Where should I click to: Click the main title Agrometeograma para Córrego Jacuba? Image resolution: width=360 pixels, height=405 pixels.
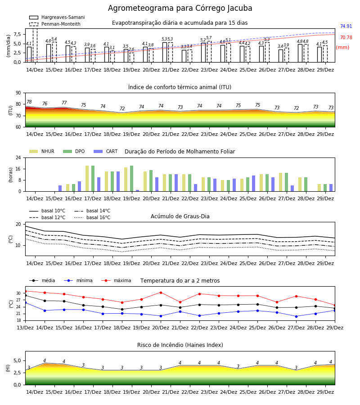click(180, 8)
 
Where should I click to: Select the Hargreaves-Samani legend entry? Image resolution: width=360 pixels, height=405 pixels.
click(57, 17)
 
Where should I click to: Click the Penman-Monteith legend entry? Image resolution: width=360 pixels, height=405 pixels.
click(55, 24)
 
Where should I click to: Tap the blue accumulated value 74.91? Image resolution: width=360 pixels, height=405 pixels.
click(346, 27)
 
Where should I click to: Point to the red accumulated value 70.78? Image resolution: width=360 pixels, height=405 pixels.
click(346, 38)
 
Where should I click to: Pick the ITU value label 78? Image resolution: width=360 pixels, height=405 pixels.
click(29, 102)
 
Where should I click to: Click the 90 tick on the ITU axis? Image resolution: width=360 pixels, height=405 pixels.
click(18, 93)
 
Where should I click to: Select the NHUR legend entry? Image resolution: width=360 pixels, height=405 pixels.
click(41, 151)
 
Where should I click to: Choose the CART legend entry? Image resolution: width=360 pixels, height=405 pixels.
click(106, 151)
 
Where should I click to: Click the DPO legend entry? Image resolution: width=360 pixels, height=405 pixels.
click(74, 151)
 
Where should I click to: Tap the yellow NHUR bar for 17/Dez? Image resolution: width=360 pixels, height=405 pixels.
click(87, 179)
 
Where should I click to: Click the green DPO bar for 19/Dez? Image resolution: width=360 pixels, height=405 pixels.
click(132, 179)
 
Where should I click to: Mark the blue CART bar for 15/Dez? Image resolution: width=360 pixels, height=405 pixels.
click(60, 188)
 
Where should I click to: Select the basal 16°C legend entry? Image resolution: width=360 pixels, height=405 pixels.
click(92, 217)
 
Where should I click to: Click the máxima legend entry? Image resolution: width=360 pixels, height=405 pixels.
click(116, 280)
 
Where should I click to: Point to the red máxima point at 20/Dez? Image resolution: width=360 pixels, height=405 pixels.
click(161, 292)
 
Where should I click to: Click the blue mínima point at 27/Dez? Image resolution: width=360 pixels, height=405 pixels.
click(296, 316)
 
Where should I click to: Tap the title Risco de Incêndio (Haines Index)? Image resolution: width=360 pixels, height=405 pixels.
click(180, 345)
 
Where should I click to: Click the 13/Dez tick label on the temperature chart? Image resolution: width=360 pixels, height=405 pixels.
click(25, 328)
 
